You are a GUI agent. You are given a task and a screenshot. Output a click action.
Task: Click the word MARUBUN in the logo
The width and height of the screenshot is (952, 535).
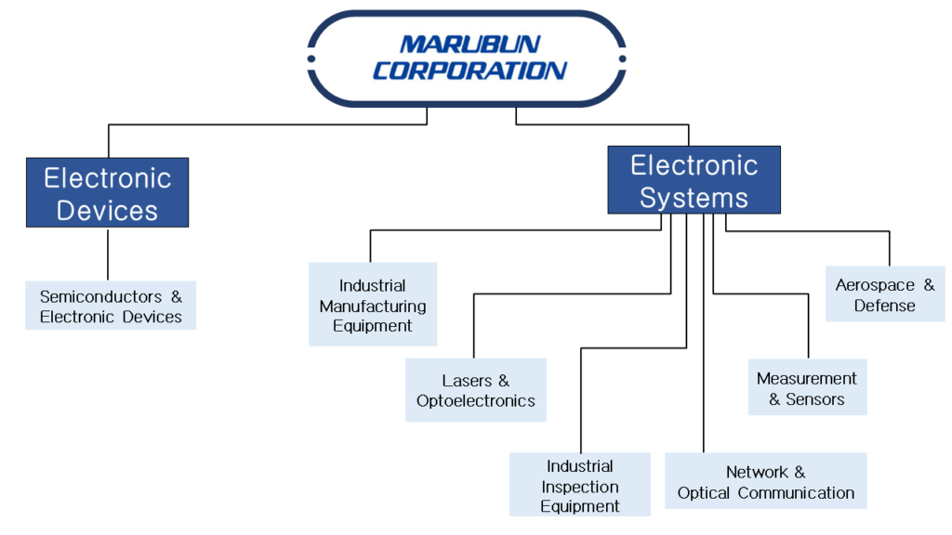coord(469,45)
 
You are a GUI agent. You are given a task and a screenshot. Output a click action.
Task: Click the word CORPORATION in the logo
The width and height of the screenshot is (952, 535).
coord(469,71)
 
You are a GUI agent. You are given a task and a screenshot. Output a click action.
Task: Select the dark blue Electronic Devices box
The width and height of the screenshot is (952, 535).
coord(107,192)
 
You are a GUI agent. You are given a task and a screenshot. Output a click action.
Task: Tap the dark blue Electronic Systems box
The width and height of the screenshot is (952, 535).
coord(694,180)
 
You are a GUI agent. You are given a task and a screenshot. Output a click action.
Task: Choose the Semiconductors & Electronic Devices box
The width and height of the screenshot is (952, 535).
coord(111,307)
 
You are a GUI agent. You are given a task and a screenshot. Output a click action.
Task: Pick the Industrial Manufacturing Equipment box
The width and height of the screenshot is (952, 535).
coord(373,305)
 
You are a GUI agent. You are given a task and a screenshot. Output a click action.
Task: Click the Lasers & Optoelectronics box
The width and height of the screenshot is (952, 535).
coord(476,390)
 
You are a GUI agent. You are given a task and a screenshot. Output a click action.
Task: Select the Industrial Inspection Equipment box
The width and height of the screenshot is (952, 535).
coord(580,485)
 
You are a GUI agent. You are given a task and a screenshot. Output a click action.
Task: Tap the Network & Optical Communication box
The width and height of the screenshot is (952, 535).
coord(765,481)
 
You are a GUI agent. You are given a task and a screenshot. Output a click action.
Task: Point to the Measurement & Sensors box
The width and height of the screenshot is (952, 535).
coord(807,388)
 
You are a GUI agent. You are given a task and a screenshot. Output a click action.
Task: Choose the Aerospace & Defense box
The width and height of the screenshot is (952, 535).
coord(885,294)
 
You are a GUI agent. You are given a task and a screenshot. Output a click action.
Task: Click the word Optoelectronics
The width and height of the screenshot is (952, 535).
coord(476,401)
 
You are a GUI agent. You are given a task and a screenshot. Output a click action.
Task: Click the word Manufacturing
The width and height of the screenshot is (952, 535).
coord(373,306)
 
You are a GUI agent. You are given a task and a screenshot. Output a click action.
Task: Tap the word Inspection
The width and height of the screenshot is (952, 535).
coord(580,486)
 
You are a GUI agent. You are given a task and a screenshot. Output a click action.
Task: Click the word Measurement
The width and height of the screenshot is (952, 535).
coord(807,378)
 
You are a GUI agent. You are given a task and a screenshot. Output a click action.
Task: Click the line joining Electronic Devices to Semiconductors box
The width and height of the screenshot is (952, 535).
coord(108,254)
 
